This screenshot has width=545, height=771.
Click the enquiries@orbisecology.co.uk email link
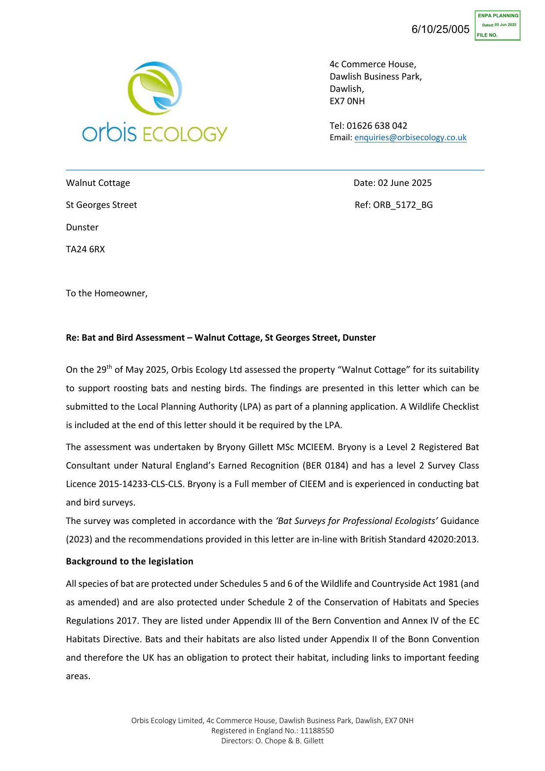pos(410,138)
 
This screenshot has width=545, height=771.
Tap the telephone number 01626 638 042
pos(377,126)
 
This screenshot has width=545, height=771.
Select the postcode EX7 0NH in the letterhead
pos(347,101)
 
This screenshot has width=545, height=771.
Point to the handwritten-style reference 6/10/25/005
pos(440,29)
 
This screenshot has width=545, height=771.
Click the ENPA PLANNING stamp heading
pos(498,16)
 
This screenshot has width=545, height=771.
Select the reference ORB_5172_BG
pos(403,205)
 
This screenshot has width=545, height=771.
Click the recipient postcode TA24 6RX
pos(85,249)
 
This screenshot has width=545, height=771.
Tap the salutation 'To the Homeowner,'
pos(107,293)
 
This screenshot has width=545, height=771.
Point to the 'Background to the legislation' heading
pos(130,561)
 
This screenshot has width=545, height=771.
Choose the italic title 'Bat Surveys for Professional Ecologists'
pos(356,521)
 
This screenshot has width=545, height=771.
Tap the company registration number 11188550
pos(317,731)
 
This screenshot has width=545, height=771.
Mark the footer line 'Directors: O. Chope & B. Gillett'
pos(272,741)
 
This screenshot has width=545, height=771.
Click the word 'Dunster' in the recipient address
pos(82,227)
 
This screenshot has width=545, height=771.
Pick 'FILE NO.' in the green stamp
pos(487,35)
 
